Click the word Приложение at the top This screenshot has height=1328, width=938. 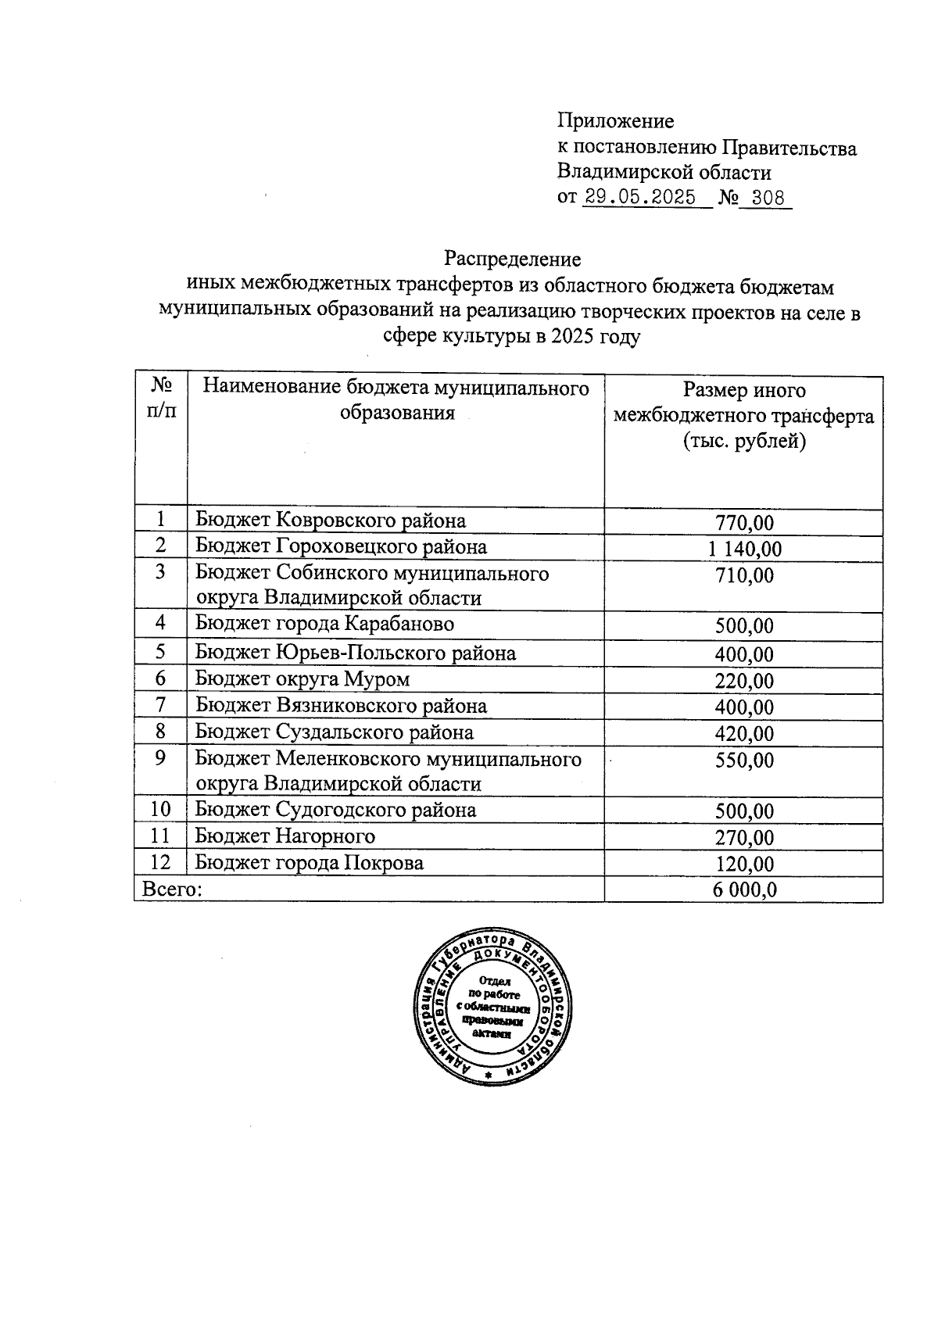615,121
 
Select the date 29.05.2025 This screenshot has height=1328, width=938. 640,198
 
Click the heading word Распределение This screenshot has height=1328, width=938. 512,259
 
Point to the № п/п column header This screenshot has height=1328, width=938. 161,398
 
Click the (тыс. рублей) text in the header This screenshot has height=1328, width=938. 743,442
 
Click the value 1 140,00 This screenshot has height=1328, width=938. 744,549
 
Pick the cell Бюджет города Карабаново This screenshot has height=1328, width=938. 324,624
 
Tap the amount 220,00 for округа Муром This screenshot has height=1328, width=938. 744,682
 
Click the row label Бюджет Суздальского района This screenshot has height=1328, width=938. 334,732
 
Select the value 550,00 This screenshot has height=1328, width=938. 744,761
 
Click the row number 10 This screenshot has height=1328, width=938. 160,810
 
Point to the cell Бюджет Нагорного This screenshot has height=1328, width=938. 285,836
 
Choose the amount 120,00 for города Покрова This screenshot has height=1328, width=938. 744,864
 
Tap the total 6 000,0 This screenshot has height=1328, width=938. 744,890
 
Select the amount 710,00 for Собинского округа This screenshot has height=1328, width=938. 744,576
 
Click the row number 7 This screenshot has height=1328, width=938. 160,705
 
